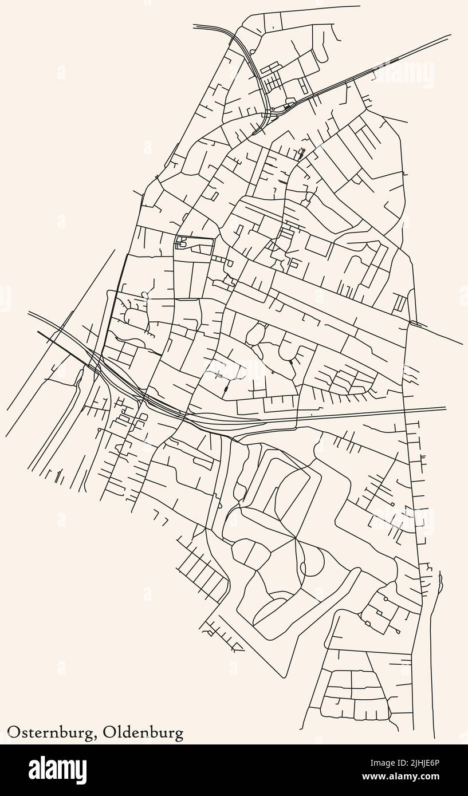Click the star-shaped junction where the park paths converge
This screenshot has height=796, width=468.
click(x=296, y=538)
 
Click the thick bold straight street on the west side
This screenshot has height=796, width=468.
click(x=115, y=304)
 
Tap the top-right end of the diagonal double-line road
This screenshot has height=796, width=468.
click(x=450, y=36)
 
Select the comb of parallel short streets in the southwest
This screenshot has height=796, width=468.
click(x=200, y=576)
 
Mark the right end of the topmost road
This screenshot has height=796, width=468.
click(x=359, y=7)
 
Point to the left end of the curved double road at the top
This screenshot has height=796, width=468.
click(x=194, y=26)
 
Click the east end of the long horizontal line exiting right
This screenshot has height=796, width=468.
click(x=446, y=408)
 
